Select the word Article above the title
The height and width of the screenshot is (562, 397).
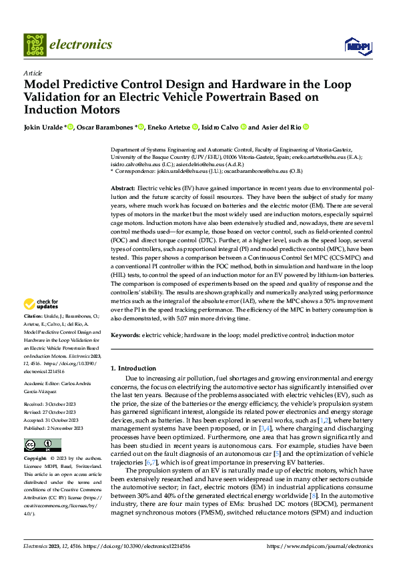[32, 72]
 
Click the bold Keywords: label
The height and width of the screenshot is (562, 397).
[126, 335]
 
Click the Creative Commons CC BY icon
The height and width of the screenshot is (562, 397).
[42, 445]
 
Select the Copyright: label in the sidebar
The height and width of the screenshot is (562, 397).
[36, 459]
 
